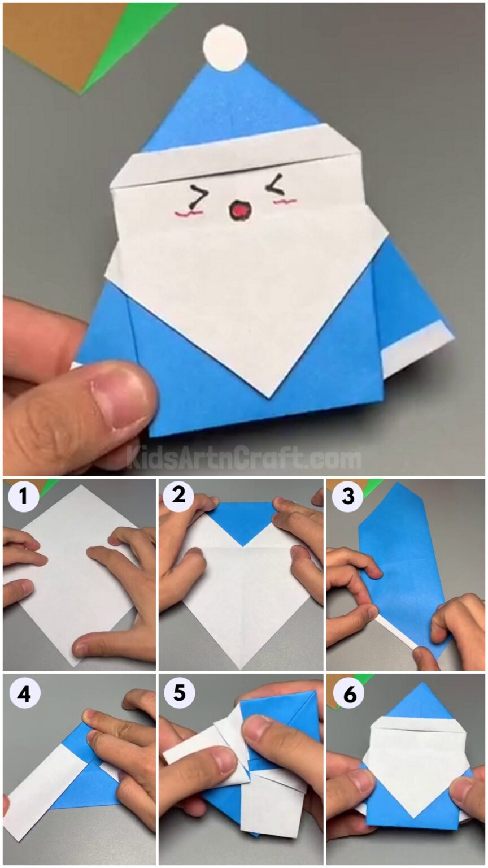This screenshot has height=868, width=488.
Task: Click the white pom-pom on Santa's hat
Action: point(225,48)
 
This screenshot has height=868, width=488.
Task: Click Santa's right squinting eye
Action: point(276,184)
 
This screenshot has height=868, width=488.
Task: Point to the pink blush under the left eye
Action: point(189,214)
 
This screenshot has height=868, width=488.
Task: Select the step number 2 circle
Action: point(178,497)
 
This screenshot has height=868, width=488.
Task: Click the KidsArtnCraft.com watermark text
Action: point(243,458)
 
